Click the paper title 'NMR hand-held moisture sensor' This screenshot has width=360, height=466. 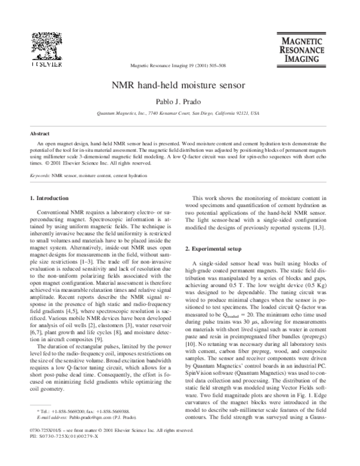coord(180,86)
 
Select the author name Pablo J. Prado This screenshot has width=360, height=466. coord(180,101)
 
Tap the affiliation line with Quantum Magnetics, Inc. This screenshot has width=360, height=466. coord(180,112)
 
